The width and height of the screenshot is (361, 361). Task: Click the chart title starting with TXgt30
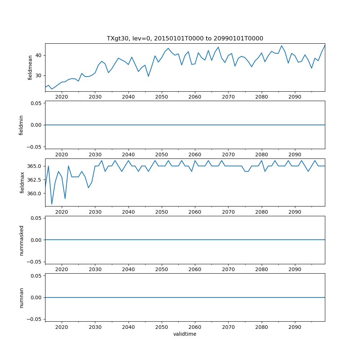[185, 38]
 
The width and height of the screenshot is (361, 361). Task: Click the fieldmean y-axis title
[30, 67]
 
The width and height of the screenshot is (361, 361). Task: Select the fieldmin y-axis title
[21, 125]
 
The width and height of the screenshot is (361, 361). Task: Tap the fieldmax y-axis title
[22, 182]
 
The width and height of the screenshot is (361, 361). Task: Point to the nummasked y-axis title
[21, 240]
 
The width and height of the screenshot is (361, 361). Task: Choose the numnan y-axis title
[21, 297]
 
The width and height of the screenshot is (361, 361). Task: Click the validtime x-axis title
[185, 334]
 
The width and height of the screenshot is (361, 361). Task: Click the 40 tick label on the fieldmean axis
[38, 55]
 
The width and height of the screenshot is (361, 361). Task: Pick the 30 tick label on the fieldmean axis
[38, 75]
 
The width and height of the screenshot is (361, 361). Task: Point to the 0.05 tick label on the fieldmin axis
[36, 103]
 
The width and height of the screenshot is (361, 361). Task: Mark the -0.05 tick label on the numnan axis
[35, 319]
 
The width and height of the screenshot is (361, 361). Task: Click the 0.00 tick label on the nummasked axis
[36, 240]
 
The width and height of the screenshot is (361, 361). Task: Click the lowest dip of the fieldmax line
[52, 204]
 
